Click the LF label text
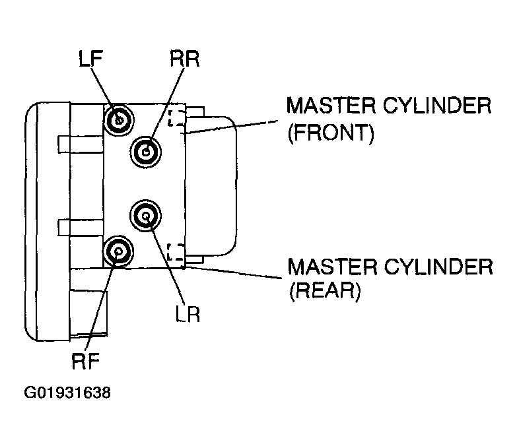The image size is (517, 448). click(91, 59)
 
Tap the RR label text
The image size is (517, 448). click(185, 59)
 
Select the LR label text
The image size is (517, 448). click(188, 314)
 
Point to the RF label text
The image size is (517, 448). click(86, 361)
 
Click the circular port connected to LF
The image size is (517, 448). click(118, 119)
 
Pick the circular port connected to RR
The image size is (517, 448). click(146, 152)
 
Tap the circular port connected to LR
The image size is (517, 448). click(146, 216)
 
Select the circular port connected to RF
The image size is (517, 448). click(118, 251)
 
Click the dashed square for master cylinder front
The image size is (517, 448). click(176, 117)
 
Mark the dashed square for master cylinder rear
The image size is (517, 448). click(176, 252)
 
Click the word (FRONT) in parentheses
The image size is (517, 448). click(331, 133)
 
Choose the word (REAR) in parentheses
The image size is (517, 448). click(325, 290)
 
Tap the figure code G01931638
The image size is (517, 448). click(67, 393)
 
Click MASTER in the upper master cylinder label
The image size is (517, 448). click(331, 106)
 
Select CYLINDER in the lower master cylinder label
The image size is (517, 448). click(438, 267)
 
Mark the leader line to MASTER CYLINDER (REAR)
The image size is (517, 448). click(234, 272)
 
